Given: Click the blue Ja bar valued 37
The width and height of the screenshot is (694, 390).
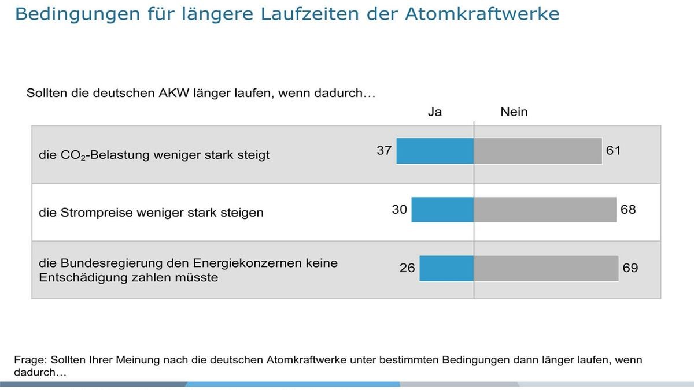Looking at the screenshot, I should pos(435,151).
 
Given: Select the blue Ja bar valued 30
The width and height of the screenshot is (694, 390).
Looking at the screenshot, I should pos(442,210).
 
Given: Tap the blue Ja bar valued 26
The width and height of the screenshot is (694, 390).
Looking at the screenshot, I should pos(446,269).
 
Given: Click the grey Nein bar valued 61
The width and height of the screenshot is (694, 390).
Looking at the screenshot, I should pos(538,151).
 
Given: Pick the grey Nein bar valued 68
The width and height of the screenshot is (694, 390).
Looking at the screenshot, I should pos(545,210).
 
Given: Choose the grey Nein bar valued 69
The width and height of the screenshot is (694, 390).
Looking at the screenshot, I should pos(547,269).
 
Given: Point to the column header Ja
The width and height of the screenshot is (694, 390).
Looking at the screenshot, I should pos(435,112).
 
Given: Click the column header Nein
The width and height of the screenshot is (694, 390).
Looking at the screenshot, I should pos(514,112).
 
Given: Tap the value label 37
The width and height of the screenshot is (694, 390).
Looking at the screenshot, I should pos(385,151).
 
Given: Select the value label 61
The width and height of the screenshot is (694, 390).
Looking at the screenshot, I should pos(613,151).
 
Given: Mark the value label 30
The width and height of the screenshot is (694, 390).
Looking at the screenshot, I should pos(400,210).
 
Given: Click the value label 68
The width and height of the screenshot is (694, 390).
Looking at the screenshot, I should pos(628,210).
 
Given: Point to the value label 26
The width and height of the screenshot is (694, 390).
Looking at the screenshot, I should pos(407,268).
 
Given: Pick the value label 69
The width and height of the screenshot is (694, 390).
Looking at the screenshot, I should pos(630,268).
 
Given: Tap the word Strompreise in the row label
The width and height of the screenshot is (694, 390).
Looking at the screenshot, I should pos(97,213).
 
